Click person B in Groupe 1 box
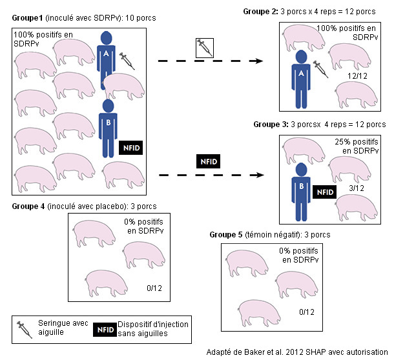[109, 128]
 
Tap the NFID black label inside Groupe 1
[130, 146]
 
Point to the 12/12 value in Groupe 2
[356, 76]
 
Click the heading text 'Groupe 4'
[28, 206]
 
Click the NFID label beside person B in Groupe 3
[324, 192]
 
